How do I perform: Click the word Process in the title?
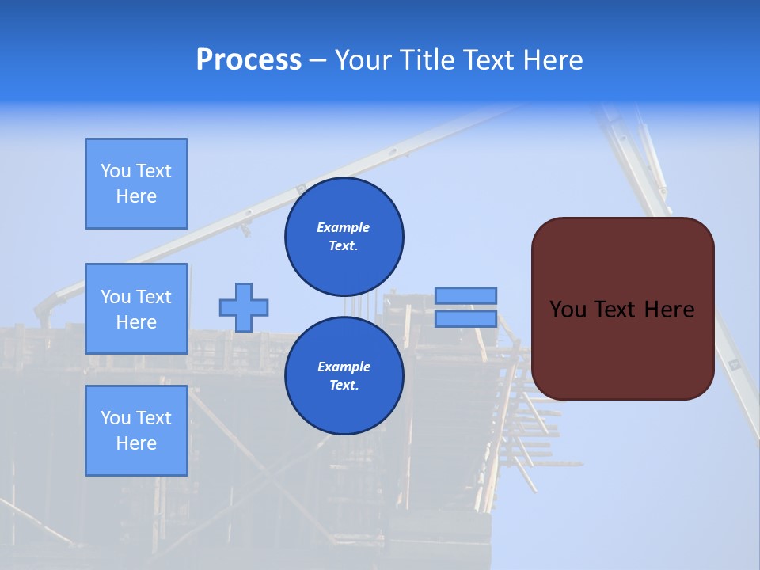coord(249,60)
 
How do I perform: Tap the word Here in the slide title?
coord(551,60)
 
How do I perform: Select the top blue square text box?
coord(136,184)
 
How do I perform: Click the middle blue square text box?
coord(136,309)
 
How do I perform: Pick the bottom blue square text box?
coord(136,431)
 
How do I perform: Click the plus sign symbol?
coord(244,307)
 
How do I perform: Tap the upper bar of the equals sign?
coord(465,295)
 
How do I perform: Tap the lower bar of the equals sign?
coord(465,318)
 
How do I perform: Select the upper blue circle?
coord(344,236)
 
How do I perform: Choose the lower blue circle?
coord(344,375)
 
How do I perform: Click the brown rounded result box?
coord(622,309)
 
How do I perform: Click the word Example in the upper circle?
coord(344,227)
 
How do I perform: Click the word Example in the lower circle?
coord(344,367)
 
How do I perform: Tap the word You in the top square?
coord(115,171)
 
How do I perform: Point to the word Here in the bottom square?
coord(136,443)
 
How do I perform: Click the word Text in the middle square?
coord(153,297)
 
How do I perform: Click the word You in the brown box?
coord(568,310)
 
